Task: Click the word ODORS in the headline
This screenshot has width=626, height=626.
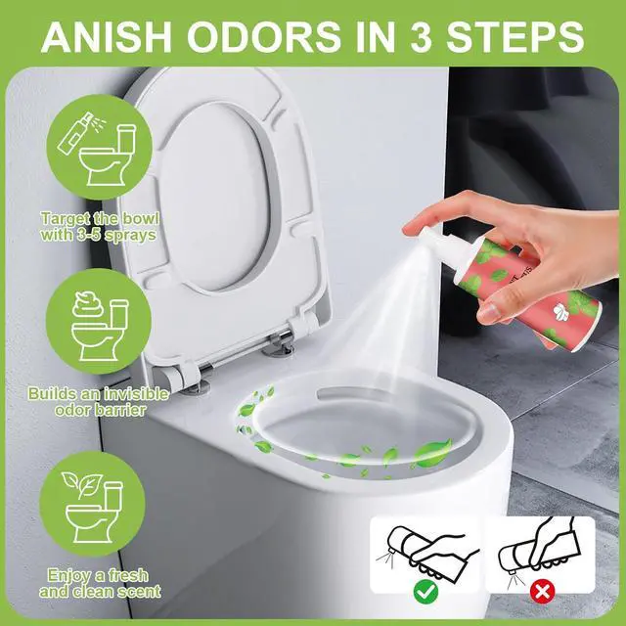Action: [x=264, y=36]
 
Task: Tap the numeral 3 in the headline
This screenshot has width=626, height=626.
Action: [x=422, y=36]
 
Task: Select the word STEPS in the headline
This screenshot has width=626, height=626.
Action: [x=515, y=36]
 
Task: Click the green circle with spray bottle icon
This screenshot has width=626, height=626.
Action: [x=100, y=148]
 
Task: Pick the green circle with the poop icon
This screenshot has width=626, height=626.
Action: [x=99, y=322]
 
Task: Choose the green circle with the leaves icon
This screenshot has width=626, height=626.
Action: [x=92, y=505]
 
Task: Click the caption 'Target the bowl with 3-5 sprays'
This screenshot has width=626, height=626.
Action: [x=100, y=227]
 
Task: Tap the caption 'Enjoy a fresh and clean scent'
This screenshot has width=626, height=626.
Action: [x=100, y=583]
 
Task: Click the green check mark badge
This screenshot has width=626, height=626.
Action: [x=425, y=591]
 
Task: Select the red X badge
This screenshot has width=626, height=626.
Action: [x=542, y=591]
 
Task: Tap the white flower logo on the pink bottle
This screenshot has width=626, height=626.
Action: [x=560, y=310]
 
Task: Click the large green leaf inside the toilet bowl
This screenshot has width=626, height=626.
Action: [x=433, y=452]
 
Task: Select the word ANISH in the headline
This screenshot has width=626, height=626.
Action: [x=107, y=36]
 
